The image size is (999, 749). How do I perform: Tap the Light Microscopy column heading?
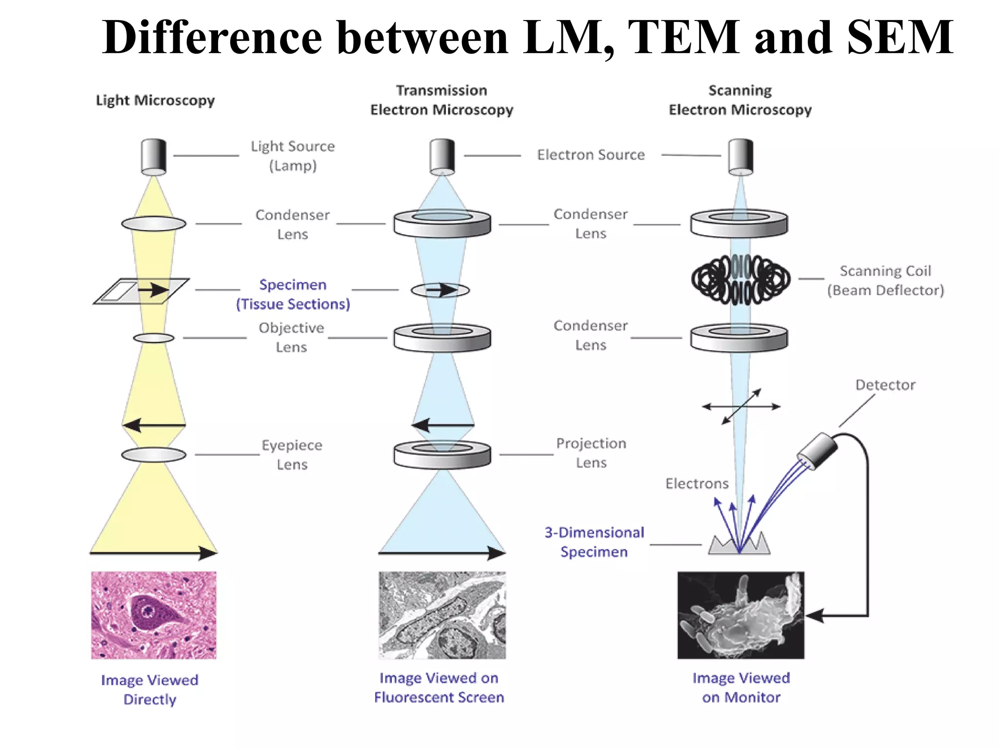pos(155,101)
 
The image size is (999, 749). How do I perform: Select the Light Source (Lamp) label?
pos(293,156)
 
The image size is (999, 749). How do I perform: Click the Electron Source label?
pos(591,155)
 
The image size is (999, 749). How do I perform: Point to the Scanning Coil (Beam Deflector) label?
pos(885,281)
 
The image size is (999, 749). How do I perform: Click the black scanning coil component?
pos(740,279)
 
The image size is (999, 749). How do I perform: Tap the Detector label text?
pos(885,385)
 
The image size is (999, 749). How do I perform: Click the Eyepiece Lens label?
pos(292,454)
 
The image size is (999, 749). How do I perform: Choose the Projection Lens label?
pos(591,453)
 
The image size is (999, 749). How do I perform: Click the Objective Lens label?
pos(291,337)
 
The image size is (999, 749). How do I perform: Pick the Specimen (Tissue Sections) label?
pos(293,294)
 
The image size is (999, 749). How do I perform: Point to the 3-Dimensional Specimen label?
pos(594,542)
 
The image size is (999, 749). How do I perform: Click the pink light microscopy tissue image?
pos(154,615)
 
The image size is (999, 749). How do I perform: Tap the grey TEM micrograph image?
pos(442,615)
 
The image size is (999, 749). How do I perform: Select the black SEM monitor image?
pos(740,615)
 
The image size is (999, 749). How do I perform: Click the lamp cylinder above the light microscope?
pos(154,156)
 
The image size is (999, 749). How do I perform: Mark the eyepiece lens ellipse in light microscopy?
pos(154,455)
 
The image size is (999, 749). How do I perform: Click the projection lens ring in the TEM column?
pos(442,454)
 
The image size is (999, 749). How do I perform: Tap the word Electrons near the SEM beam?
pos(697,484)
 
